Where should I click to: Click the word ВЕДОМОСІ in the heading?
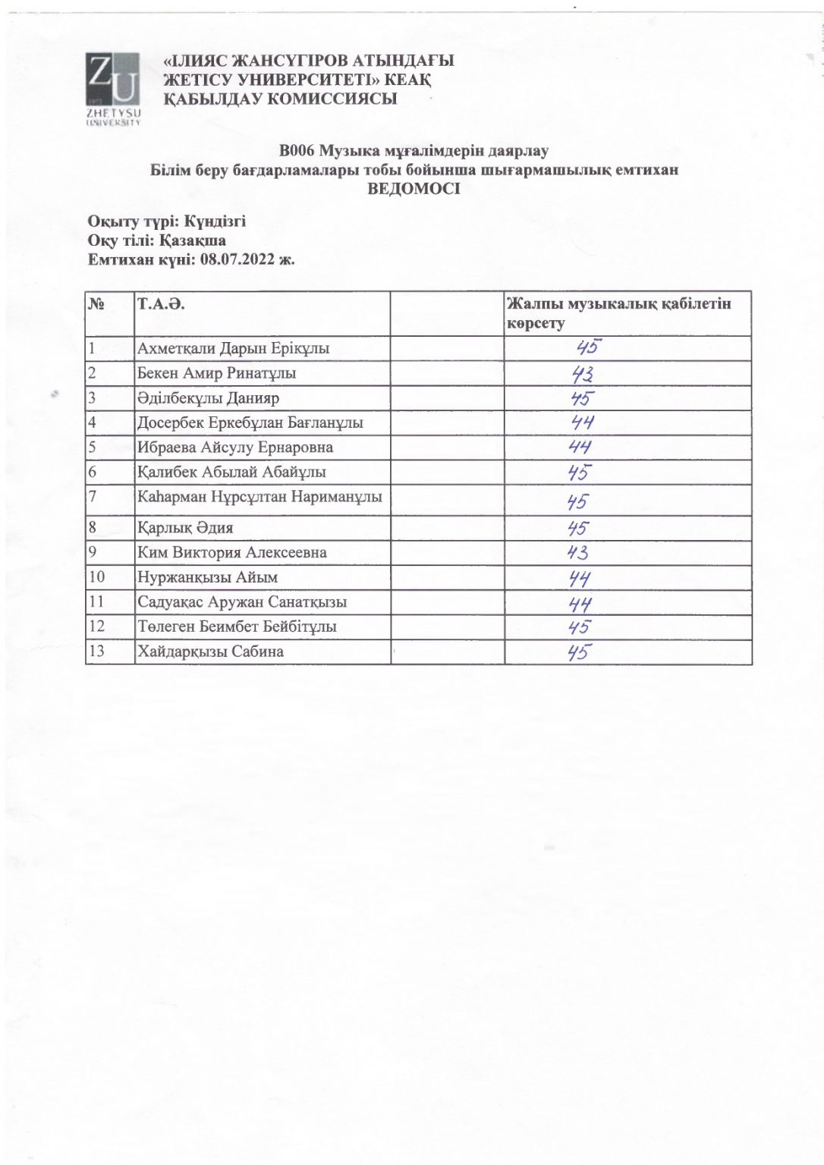click(414, 189)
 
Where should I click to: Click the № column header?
click(96, 305)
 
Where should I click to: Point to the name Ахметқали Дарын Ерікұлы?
click(233, 349)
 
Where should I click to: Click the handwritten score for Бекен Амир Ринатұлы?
click(583, 374)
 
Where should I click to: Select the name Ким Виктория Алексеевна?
click(232, 552)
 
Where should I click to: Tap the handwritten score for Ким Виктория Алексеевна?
click(578, 552)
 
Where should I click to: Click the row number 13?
click(97, 651)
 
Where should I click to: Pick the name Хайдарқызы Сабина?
click(210, 651)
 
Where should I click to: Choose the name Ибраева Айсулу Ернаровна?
click(235, 447)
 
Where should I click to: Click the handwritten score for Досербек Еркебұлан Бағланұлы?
click(582, 422)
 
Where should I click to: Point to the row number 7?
click(93, 498)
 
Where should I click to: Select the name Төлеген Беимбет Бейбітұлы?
click(237, 626)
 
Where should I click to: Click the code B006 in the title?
click(296, 151)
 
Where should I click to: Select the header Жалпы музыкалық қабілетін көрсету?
click(618, 313)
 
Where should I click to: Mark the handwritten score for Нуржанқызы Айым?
click(580, 579)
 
